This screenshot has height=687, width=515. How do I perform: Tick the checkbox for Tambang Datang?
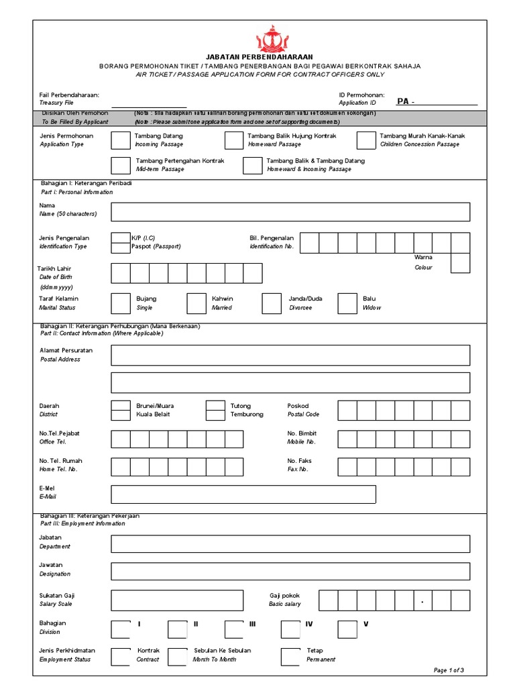121,140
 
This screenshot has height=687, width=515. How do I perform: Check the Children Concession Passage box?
366,140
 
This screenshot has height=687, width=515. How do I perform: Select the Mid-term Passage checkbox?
121,166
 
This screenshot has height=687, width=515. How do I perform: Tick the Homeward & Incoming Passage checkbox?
252,166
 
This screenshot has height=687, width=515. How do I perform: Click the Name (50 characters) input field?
290,212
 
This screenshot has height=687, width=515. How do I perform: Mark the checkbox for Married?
196,303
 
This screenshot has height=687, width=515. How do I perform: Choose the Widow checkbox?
347,303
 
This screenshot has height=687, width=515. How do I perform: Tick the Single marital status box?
121,303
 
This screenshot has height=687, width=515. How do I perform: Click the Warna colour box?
460,262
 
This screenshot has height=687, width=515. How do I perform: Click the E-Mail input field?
243,494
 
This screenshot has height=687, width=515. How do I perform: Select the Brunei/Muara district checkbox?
121,405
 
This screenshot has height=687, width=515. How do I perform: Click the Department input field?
290,543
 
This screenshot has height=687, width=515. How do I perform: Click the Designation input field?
290,571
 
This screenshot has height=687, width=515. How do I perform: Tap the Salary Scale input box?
177,600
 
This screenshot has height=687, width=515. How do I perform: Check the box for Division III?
234,629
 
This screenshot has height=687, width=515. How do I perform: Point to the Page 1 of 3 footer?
449,670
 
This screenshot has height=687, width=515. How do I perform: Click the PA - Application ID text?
405,102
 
